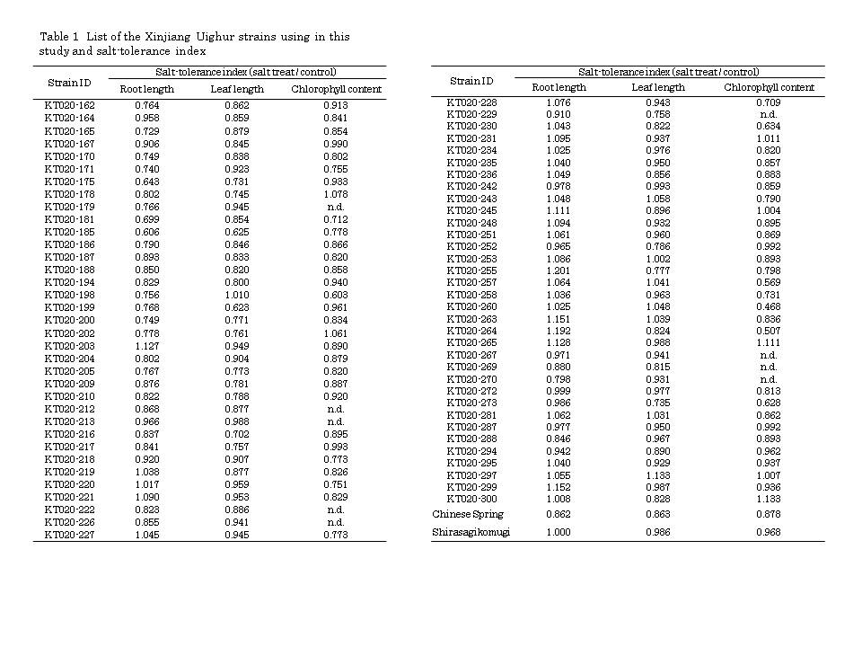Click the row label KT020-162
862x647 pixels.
pyautogui.click(x=69, y=105)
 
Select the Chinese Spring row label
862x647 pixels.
pyautogui.click(x=468, y=514)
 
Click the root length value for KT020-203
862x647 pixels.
pyautogui.click(x=146, y=346)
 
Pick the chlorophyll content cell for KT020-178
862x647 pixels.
pyautogui.click(x=336, y=193)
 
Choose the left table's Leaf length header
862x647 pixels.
pyautogui.click(x=237, y=89)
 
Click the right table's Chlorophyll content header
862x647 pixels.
pyautogui.click(x=769, y=87)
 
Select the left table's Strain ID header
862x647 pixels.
pyautogui.click(x=69, y=82)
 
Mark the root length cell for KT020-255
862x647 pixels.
pyautogui.click(x=559, y=270)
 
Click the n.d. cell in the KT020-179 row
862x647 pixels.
pyautogui.click(x=336, y=206)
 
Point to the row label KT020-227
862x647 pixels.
pyautogui.click(x=69, y=535)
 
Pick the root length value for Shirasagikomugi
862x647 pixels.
pyautogui.click(x=559, y=532)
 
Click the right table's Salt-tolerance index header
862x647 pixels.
pyautogui.click(x=669, y=72)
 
